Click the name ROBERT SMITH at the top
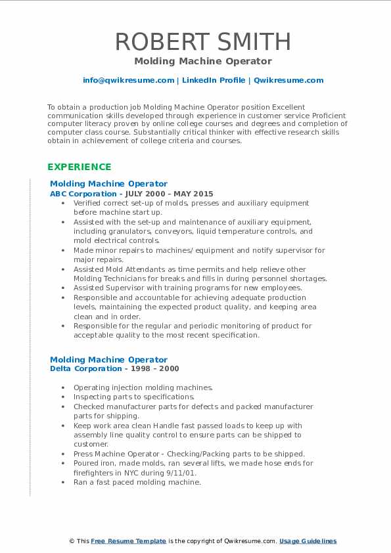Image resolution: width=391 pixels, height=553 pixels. coord(203,41)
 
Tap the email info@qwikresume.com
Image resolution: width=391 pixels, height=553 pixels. coord(128,80)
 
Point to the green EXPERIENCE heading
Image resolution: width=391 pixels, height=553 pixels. coord(80,167)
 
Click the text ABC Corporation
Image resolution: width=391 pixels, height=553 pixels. coord(81,194)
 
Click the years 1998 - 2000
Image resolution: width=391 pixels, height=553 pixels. coord(158,368)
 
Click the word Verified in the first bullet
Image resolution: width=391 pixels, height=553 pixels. coord(88,203)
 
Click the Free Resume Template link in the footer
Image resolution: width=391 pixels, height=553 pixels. coord(129,541)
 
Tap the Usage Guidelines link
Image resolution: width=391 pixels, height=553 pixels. coord(308,541)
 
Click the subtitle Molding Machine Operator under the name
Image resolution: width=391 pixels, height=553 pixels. coord(203,61)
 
